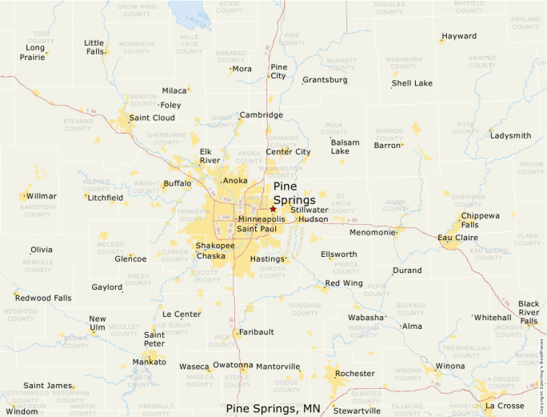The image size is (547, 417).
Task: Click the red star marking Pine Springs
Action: pos(273,208)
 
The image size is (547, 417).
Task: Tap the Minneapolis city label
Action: pos(262,219)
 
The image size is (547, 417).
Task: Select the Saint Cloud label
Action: pos(152,118)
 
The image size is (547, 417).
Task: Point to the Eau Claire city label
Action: pos(457,237)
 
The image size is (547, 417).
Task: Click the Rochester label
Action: pos(354,373)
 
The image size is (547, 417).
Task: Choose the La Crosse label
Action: pos(505,405)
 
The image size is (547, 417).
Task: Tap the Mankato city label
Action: pos(150,362)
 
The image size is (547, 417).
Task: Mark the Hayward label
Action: pos(459,36)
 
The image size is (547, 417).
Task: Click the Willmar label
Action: pos(42,195)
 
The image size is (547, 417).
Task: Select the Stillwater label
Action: pos(309,210)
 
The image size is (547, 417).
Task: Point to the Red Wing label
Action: pos(343,283)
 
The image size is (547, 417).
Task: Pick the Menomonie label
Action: pos(373,232)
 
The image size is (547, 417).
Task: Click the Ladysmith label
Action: pos(510,135)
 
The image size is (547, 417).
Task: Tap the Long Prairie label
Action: pos(33,52)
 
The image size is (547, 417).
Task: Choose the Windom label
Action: pos(22,411)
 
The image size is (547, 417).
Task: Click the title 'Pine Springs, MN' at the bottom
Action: pos(273,408)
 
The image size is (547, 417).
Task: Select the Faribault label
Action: pos(257,331)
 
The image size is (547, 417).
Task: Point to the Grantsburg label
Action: pos(325,80)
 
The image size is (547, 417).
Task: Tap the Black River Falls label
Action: pos(529,312)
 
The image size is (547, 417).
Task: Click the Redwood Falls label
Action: pos(43,298)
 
